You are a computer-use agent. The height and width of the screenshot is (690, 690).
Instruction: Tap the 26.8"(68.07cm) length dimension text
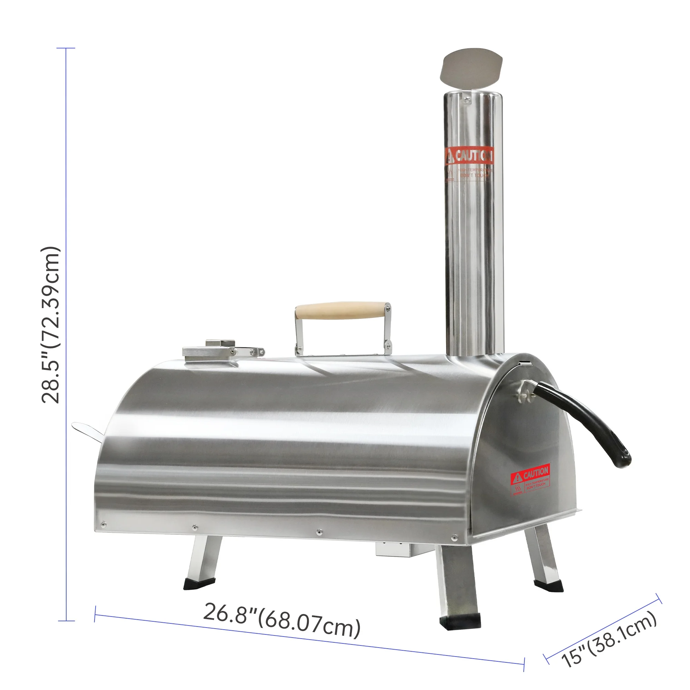coord(282,621)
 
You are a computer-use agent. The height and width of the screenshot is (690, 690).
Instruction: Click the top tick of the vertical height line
coord(66,48)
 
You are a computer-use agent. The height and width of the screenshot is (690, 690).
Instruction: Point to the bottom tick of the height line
coord(66,621)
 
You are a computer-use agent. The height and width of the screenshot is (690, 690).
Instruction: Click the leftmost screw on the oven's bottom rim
coord(103,525)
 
